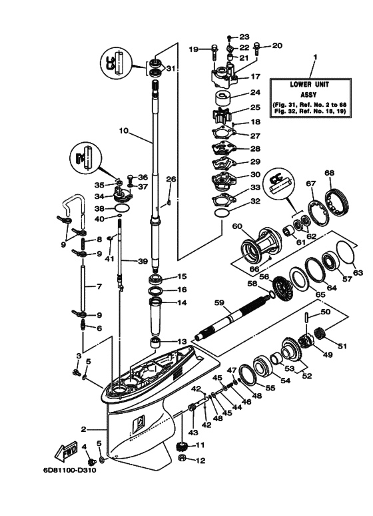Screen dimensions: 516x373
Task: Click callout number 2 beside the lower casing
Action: pos(85,429)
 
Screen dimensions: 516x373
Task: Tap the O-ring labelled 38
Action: pos(121,209)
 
